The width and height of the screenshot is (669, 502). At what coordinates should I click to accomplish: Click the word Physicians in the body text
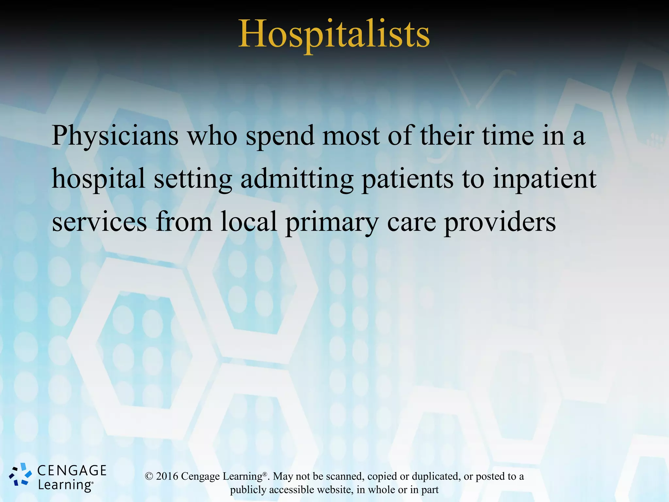[x=115, y=136]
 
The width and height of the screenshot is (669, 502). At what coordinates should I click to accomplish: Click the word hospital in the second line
[x=98, y=179]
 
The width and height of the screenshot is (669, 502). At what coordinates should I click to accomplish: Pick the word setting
[x=193, y=179]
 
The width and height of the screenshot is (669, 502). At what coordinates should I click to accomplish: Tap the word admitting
[x=297, y=179]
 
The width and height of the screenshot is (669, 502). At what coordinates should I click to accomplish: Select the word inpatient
[x=544, y=179]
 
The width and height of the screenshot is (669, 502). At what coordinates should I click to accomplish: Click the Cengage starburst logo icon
[x=20, y=475]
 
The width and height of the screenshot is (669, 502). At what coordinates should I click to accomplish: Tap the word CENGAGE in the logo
[x=72, y=471]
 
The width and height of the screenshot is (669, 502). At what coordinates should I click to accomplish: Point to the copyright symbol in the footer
[x=149, y=477]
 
